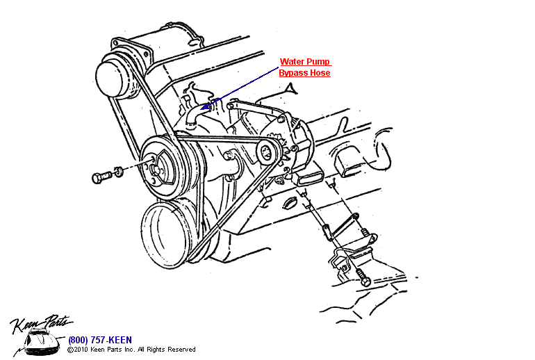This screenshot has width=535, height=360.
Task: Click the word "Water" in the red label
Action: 291,61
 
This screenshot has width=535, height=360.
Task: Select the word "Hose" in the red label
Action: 320,72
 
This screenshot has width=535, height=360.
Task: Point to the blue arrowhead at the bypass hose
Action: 205,107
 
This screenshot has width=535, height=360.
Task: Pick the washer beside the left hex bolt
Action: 119,171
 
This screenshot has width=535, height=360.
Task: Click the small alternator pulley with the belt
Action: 267,152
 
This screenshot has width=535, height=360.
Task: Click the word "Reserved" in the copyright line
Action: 182,350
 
